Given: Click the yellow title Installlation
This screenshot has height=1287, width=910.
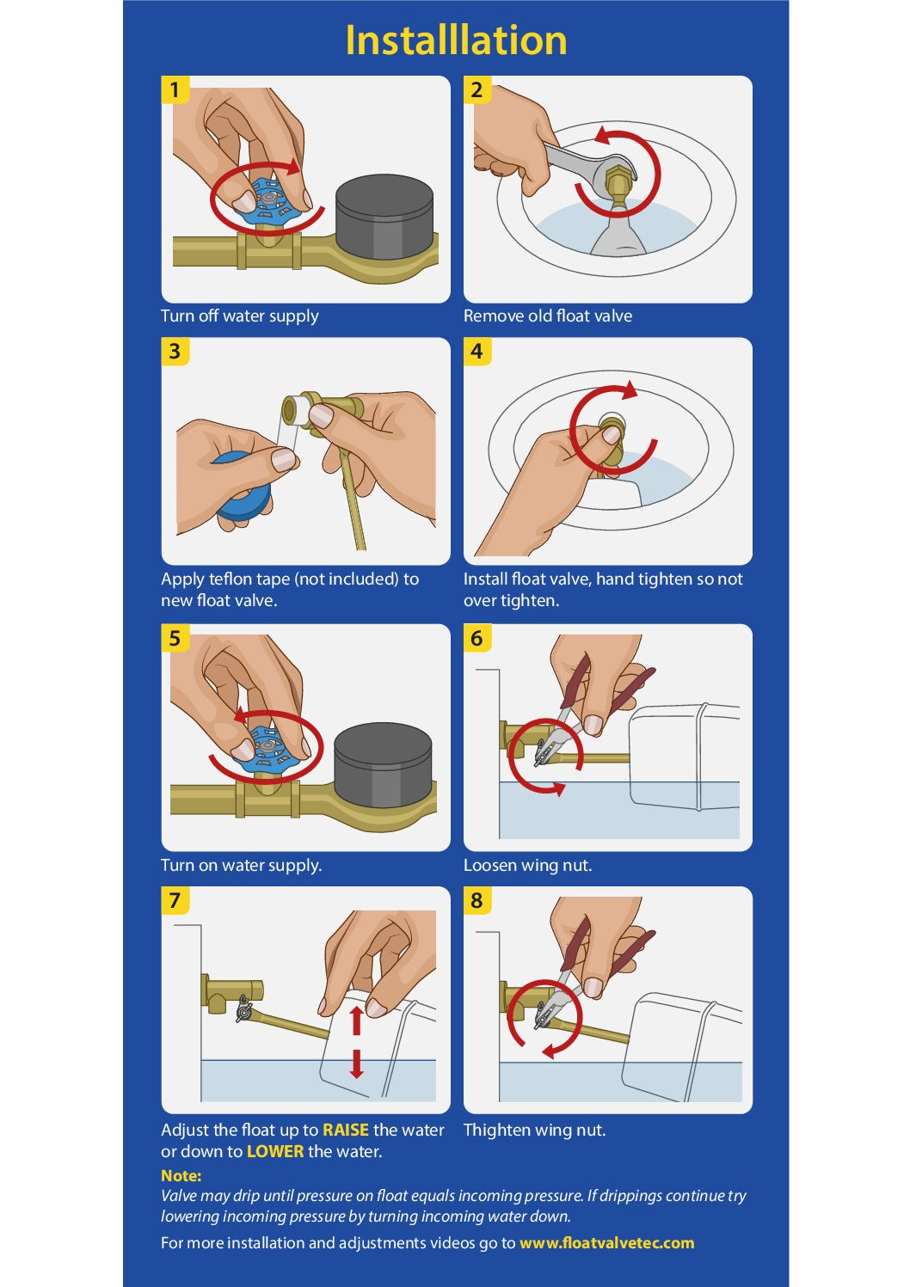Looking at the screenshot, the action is pos(456,40).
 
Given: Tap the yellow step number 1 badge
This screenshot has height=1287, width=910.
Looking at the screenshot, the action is pos(175,89).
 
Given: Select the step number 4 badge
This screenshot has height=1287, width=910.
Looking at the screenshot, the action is pos(477,351).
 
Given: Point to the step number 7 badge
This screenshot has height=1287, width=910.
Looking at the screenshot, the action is pos(175,900).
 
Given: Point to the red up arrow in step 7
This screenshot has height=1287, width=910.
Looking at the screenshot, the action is pos(356,1020).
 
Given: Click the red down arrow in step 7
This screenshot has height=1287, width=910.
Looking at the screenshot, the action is pos(356,1063).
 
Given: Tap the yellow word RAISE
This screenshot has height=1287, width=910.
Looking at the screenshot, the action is pos(346,1130).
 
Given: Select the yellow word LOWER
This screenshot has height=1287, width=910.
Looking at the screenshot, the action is pos(275,1151).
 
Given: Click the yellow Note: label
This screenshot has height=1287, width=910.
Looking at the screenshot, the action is pos(181,1175).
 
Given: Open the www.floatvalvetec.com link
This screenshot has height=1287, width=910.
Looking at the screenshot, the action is pos(606,1243).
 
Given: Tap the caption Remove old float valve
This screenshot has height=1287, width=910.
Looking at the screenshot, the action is pos(548,316).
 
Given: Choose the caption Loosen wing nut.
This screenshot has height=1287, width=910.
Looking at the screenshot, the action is pos(528,866).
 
